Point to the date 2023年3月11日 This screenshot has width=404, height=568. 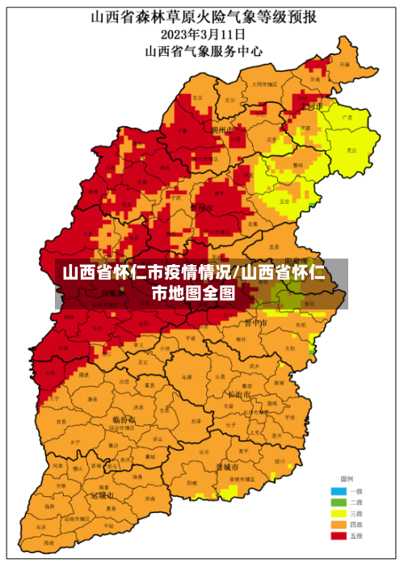click(203, 34)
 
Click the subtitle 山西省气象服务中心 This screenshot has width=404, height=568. click(203, 50)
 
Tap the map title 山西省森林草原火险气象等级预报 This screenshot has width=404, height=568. click(203, 16)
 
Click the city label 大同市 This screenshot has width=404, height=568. click(311, 106)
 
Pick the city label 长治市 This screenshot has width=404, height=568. click(241, 394)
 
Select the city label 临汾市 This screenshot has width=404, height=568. click(124, 420)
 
